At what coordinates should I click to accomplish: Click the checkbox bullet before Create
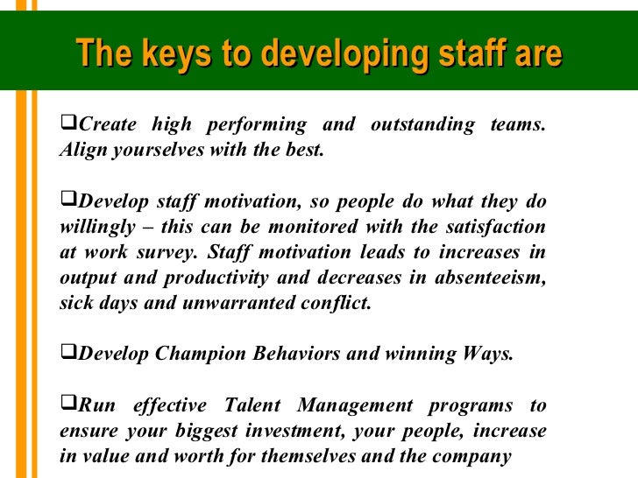pyautogui.click(x=67, y=123)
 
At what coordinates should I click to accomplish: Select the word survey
pyautogui.click(x=163, y=253)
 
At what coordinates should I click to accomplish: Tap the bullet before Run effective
pyautogui.click(x=67, y=404)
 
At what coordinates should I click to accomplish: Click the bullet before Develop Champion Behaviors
pyautogui.click(x=67, y=354)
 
